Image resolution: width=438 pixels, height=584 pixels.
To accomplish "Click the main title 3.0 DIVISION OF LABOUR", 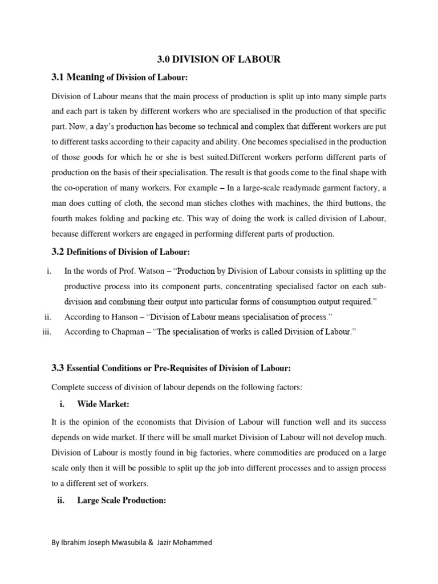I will [x=218, y=59].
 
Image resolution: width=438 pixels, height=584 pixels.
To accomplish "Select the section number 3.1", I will [x=59, y=78].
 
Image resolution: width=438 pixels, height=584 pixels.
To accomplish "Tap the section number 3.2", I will [x=59, y=252].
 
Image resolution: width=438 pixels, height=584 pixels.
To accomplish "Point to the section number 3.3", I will [x=59, y=369].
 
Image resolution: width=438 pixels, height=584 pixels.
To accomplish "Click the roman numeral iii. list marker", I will [x=47, y=331].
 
